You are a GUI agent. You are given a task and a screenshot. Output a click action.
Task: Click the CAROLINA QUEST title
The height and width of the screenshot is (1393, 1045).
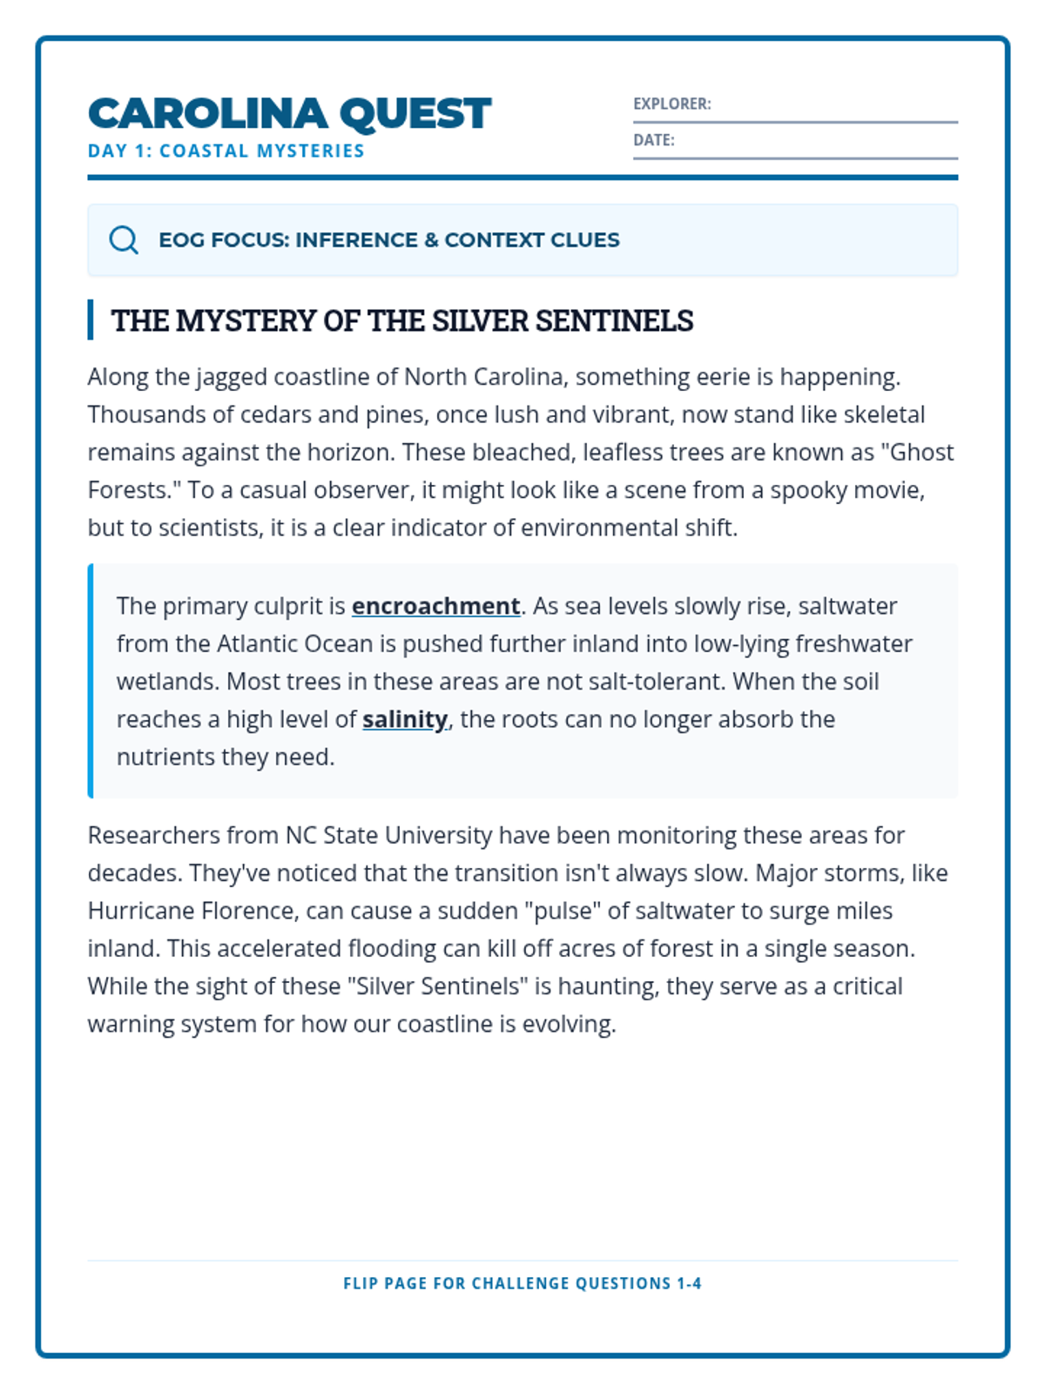coord(289,113)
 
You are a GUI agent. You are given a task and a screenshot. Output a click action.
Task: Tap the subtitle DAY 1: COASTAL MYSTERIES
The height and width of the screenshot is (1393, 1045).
coord(226,151)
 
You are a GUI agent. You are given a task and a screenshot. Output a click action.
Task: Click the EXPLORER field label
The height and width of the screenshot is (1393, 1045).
coord(671,104)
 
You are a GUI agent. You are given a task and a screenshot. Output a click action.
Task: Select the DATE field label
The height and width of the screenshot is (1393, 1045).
coord(653,140)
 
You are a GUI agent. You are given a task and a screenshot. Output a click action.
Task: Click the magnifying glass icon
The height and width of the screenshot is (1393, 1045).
coord(124,239)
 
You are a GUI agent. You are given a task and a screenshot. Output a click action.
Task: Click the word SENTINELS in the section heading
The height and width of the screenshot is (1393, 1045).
coord(614,320)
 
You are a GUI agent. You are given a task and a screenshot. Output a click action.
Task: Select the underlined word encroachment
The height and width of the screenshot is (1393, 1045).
coord(435,605)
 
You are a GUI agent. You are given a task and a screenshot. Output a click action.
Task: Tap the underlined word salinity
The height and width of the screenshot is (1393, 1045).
coord(405,718)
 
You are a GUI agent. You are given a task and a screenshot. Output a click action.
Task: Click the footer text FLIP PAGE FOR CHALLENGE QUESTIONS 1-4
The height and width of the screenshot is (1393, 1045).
coord(522,1283)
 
